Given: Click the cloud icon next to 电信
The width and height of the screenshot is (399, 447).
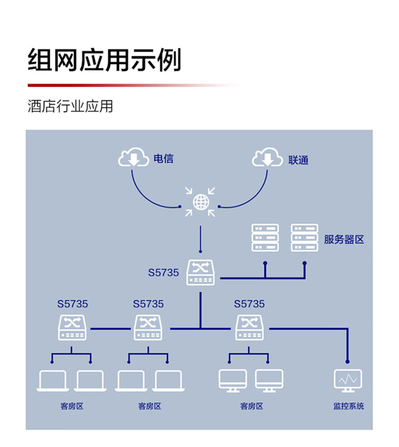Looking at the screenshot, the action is tap(134, 157).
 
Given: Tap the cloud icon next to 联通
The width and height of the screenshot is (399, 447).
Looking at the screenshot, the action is tap(267, 157).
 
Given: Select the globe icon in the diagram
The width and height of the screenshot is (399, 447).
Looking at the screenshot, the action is tap(201, 202).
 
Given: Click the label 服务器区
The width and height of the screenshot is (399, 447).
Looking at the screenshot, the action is tap(344, 239).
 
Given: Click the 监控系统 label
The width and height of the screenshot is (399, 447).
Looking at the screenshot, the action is tap(349, 406).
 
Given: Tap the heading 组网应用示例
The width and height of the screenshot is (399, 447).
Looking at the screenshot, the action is tap(104, 60).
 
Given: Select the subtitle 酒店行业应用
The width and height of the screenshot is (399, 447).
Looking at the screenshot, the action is tap(70, 106).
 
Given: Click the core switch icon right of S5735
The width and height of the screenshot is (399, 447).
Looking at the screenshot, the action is tap(201, 272).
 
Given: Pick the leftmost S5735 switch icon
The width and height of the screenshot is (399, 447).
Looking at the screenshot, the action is tap(72, 328).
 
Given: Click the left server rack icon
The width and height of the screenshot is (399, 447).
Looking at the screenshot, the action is tap(265, 238).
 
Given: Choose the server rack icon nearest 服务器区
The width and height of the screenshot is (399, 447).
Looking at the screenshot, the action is tap(304, 238).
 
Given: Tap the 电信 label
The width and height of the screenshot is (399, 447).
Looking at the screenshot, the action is tap(163, 159).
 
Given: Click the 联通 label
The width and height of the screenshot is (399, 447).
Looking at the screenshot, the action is tap(298, 160).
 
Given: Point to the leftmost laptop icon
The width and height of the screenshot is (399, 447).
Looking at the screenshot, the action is tap(53, 381).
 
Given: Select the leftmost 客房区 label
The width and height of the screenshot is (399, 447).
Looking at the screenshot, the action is tap(72, 406).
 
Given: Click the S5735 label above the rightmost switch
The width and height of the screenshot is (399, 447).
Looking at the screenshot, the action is tap(250, 304).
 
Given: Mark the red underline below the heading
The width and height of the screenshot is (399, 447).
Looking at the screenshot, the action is tap(131, 85).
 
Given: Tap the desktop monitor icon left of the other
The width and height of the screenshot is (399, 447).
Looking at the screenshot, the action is tap(233, 381).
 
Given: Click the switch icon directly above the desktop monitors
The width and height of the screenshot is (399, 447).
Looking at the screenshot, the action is tap(250, 328).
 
